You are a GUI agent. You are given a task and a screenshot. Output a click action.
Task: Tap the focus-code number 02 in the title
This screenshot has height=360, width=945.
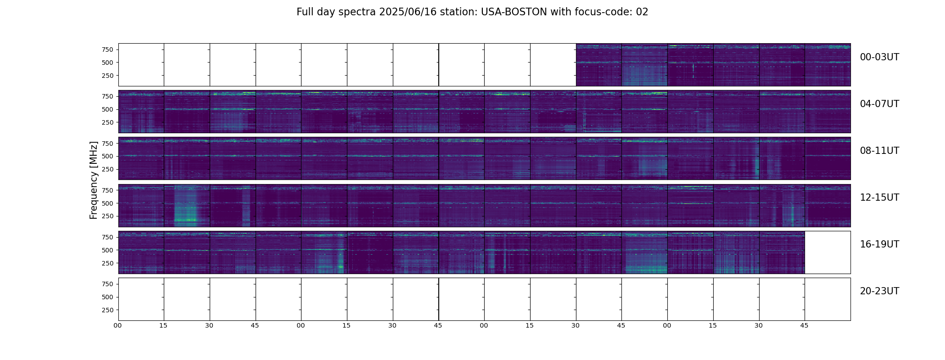click(x=642, y=12)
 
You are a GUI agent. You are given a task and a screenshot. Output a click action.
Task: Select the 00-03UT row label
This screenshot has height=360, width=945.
click(x=879, y=57)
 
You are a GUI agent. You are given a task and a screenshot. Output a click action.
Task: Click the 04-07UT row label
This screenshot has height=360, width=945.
click(x=879, y=104)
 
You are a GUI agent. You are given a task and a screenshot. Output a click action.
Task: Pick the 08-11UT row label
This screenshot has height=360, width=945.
click(x=879, y=151)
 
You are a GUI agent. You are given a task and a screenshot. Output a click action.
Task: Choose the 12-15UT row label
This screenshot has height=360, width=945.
click(x=879, y=198)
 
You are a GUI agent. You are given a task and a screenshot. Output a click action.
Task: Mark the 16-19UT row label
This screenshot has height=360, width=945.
click(x=879, y=244)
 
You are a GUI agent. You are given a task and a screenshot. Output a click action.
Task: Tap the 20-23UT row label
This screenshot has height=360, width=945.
click(x=879, y=291)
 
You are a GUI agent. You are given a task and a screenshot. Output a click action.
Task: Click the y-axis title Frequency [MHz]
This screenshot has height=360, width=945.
click(x=94, y=180)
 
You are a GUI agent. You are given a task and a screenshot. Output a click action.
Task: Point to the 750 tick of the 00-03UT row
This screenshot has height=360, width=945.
click(x=108, y=49)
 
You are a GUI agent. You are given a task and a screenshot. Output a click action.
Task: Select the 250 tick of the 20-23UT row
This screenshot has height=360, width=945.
click(x=108, y=310)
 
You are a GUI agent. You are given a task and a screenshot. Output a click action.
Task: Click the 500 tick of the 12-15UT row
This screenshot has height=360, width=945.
click(x=108, y=203)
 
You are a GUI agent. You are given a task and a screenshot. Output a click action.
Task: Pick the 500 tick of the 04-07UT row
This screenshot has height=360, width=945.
click(x=108, y=109)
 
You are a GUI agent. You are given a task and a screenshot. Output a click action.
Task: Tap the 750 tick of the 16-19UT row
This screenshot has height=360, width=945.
click(x=108, y=237)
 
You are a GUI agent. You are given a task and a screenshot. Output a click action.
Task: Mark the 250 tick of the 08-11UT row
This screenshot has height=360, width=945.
click(x=108, y=169)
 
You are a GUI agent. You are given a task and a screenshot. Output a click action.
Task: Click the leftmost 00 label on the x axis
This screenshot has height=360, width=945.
click(x=118, y=325)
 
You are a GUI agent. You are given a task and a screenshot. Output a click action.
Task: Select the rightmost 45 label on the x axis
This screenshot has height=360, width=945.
click(x=804, y=325)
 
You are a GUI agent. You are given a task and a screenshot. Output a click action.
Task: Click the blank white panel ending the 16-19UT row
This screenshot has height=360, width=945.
click(x=828, y=252)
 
